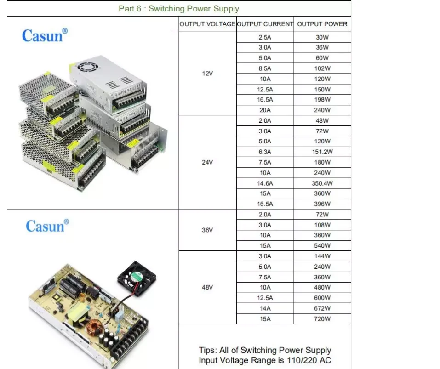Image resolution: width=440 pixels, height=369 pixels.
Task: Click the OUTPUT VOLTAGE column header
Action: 207,24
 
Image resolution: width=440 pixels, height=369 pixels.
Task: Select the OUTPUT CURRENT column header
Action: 265,24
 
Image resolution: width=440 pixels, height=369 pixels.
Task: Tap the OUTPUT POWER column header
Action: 322,24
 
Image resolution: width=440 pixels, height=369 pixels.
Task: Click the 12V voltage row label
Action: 207,74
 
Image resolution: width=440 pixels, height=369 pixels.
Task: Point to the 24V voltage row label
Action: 207,162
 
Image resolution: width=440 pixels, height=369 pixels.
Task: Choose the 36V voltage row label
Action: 207,230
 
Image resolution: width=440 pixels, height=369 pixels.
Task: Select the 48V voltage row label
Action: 207,287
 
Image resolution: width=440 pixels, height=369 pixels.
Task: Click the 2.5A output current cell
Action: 265,37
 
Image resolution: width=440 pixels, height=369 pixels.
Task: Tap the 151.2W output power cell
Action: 322,152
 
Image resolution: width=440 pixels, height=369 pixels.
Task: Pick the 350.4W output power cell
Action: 322,183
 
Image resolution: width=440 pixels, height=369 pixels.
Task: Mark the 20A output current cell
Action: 265,110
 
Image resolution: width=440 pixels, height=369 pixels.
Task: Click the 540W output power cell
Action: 322,246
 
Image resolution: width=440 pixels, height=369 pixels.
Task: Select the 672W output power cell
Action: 322,308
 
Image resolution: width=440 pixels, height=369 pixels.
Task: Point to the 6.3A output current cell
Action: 265,152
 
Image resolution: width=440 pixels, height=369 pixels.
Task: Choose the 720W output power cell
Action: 322,319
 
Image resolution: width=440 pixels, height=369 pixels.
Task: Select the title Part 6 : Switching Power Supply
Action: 179,9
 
